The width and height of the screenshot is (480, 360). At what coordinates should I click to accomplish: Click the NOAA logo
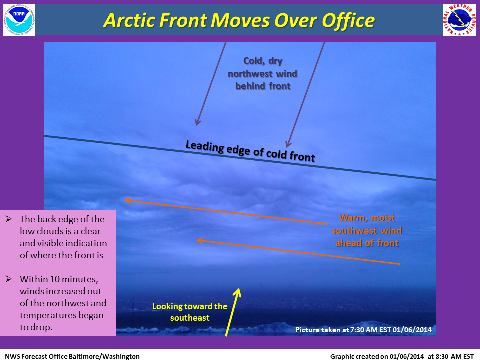coord(19,20)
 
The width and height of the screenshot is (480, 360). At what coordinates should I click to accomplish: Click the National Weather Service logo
coord(460,20)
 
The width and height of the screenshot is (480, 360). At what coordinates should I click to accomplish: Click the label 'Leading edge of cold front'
coord(250,151)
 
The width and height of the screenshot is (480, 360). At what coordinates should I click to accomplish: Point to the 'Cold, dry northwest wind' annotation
coord(263,74)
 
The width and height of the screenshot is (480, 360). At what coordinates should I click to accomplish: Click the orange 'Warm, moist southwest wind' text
coord(367,230)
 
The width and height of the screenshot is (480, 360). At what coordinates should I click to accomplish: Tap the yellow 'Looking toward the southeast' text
coord(190,312)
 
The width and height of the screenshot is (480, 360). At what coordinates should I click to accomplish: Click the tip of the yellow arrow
coord(238,288)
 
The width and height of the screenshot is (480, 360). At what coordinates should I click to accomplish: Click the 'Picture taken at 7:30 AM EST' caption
coord(363,330)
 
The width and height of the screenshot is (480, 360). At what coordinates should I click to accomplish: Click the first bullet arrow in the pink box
coord(9,219)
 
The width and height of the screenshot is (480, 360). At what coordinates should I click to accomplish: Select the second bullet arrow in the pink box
coord(9,279)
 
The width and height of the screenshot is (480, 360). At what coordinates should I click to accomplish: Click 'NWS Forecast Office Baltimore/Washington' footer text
coord(72,356)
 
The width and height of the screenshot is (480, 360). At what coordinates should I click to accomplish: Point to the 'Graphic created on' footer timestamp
coord(402,356)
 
